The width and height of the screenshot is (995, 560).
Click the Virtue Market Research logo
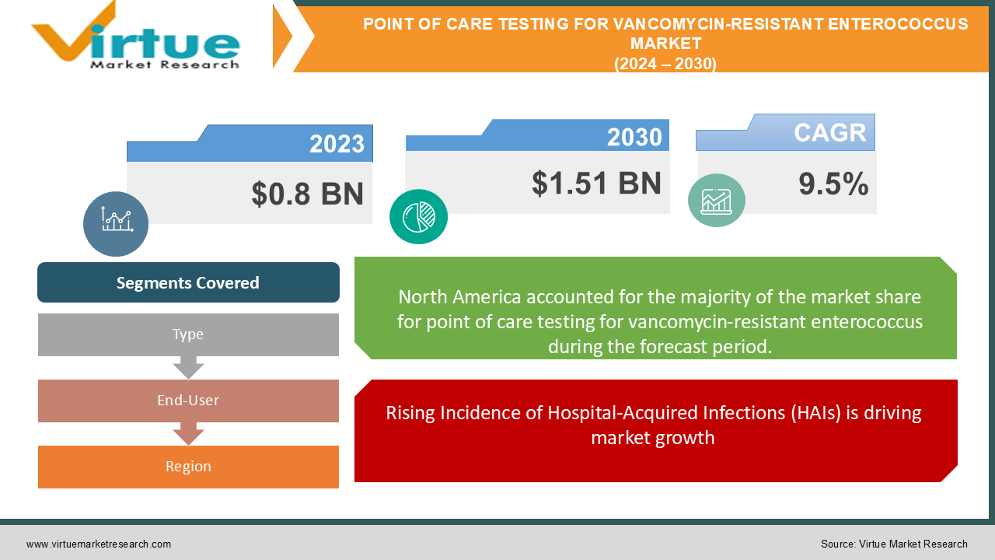click(135, 36)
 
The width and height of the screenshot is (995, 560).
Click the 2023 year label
click(337, 144)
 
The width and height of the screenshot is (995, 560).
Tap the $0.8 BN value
click(307, 194)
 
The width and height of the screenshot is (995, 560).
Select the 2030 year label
click(634, 137)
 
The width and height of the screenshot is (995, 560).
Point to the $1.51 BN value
click(596, 183)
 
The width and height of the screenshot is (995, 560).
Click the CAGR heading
click(829, 132)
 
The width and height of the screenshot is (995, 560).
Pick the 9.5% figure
click(833, 184)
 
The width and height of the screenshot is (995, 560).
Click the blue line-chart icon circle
click(116, 223)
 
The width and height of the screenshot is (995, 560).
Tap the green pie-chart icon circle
click(418, 216)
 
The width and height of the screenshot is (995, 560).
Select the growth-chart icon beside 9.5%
click(717, 201)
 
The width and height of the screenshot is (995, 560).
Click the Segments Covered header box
click(188, 282)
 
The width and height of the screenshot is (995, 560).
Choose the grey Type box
click(188, 334)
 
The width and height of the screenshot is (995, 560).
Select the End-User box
click(188, 401)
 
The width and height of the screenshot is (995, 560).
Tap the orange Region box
click(188, 467)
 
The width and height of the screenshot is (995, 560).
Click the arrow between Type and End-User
click(188, 368)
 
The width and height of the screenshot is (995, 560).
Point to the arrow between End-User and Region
click(188, 434)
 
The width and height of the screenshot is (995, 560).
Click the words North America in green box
click(459, 297)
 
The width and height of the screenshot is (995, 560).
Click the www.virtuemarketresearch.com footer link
click(99, 544)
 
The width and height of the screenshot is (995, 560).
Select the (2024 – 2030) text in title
click(665, 64)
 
